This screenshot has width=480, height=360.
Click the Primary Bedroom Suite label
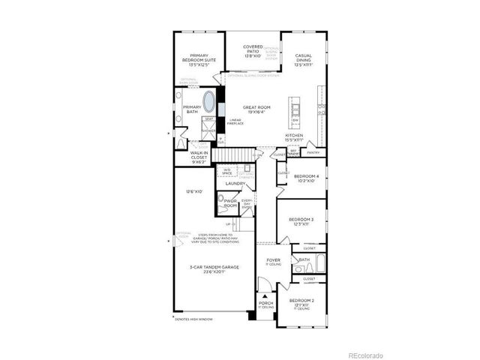pyautogui.click(x=199, y=59)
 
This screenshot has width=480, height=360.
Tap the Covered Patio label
pyautogui.click(x=253, y=52)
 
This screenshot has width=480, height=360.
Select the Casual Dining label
pyautogui.click(x=303, y=59)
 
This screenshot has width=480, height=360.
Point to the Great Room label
pyautogui.click(x=256, y=109)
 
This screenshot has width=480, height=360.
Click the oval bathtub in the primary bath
pyautogui.click(x=208, y=102)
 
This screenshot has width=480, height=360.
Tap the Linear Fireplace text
pyautogui.click(x=235, y=121)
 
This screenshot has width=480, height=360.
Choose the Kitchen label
pyautogui.click(x=293, y=137)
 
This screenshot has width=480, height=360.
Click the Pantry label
pyautogui.click(x=313, y=152)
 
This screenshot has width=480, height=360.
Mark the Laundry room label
pyautogui.click(x=235, y=183)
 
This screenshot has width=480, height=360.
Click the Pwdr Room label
pyautogui.click(x=230, y=202)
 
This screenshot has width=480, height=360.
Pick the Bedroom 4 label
pyautogui.click(x=306, y=178)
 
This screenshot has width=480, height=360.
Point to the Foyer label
pyautogui.click(x=273, y=262)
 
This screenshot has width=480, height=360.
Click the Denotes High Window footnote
pyautogui.click(x=193, y=319)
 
